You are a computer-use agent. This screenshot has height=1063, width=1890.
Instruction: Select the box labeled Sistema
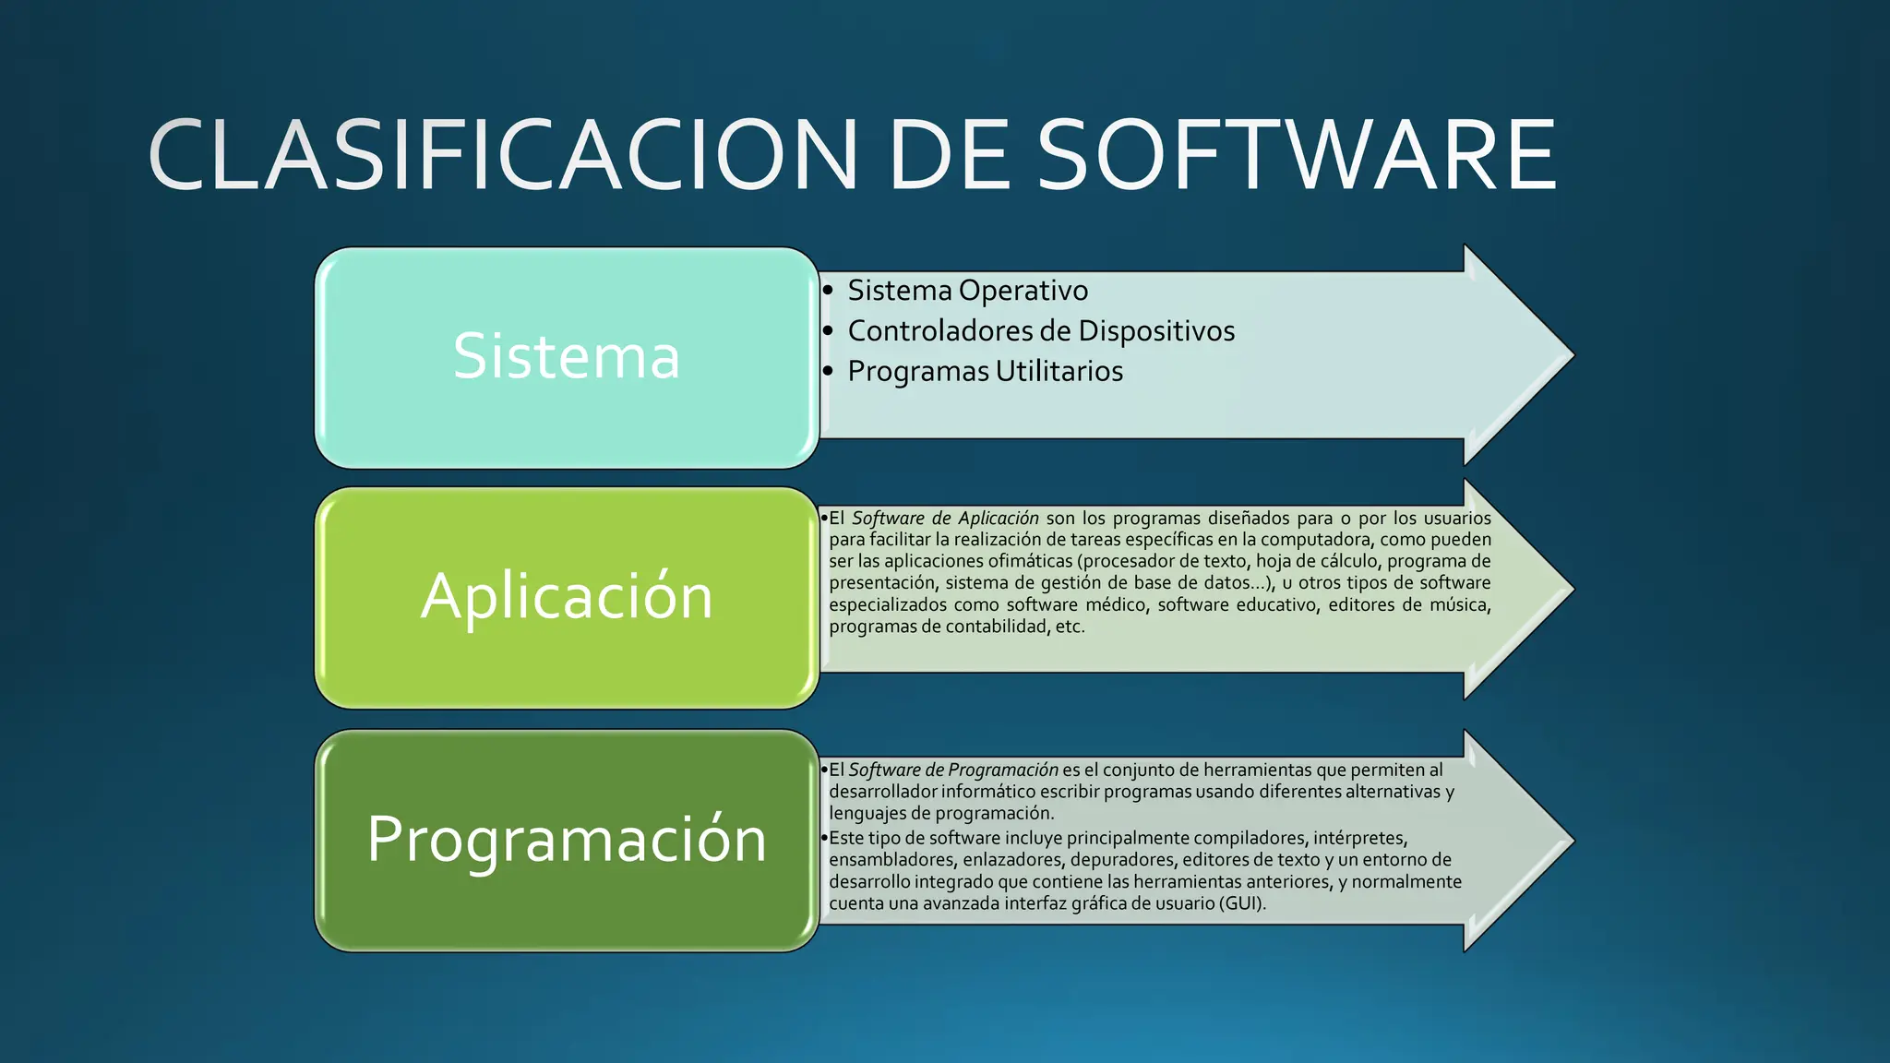[x=567, y=357]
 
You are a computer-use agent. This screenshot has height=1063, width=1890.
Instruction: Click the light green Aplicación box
[x=567, y=597]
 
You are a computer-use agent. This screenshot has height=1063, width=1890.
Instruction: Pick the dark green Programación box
[x=567, y=840]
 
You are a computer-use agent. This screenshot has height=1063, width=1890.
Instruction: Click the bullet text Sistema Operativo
[x=967, y=291]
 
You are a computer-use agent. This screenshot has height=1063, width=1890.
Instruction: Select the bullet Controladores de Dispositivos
[x=1040, y=331]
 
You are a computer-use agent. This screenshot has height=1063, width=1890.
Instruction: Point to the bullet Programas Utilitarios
[x=985, y=372]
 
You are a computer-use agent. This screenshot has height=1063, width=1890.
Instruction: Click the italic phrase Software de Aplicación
[x=945, y=519]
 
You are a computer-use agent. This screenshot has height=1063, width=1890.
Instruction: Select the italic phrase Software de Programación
[x=953, y=770]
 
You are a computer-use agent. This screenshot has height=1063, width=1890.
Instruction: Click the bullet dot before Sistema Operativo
[x=828, y=291]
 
